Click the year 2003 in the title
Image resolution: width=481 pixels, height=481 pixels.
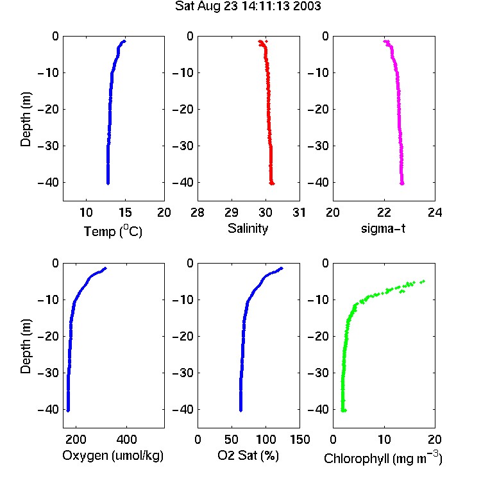[307, 6]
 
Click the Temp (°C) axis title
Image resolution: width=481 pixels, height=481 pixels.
[113, 231]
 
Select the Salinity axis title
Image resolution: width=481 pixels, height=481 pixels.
[248, 229]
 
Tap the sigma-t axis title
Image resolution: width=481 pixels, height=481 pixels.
[383, 228]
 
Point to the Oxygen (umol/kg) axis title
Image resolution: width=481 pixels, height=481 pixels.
[113, 455]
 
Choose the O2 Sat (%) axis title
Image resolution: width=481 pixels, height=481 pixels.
[248, 455]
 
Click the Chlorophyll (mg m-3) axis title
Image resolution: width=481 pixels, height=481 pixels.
[383, 458]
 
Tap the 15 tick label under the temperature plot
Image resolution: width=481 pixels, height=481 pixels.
[125, 212]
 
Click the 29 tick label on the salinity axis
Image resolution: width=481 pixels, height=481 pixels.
[232, 212]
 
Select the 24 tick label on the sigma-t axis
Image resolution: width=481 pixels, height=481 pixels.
[435, 212]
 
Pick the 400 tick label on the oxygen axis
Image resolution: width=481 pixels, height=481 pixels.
[127, 439]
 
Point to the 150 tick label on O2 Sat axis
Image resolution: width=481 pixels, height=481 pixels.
[300, 439]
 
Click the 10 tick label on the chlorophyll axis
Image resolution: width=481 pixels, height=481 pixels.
[384, 439]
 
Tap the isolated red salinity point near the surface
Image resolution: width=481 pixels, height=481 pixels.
[266, 41]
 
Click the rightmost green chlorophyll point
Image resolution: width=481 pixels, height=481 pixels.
[423, 282]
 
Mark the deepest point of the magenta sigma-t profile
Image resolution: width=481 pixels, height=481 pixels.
[402, 183]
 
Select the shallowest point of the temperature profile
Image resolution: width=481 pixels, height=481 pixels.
[124, 41]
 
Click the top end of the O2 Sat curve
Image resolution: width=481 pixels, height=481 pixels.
[282, 269]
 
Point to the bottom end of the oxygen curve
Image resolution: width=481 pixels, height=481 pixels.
[68, 410]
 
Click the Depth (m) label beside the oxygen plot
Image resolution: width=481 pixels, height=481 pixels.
[26, 346]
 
